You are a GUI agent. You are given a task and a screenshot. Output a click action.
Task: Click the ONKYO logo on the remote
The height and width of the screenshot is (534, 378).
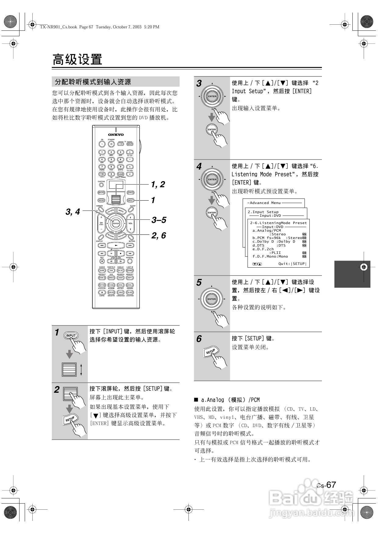[116, 135]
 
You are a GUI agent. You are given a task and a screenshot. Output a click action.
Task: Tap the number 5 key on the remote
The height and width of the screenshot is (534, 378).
[111, 160]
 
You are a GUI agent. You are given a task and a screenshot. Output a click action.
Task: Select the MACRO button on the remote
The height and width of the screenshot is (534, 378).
[101, 192]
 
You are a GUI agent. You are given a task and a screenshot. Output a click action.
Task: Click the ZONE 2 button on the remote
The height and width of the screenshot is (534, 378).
[130, 192]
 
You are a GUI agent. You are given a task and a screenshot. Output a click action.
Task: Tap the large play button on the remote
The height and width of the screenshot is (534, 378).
[116, 245]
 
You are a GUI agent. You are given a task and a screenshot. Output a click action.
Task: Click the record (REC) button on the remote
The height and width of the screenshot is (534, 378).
[102, 261]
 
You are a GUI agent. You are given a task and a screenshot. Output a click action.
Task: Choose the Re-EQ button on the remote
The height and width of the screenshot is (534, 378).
[130, 292]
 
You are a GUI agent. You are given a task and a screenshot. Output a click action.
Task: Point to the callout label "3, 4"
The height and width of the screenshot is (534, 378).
[73, 212]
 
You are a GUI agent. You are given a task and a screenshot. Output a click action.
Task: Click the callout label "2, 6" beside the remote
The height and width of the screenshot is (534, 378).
[159, 235]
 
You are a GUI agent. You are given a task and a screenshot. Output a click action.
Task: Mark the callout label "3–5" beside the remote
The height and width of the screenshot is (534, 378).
[159, 220]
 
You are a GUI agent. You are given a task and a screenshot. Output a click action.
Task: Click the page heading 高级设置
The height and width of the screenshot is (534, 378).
[77, 59]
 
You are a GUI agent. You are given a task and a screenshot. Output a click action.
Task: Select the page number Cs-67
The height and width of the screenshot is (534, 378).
[326, 485]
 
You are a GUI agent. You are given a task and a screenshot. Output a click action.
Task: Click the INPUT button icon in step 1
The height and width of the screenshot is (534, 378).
[71, 336]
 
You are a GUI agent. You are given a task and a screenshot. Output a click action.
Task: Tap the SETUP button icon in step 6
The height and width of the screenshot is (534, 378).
[211, 352]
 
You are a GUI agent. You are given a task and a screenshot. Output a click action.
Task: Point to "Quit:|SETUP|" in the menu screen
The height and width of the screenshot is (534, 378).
[292, 264]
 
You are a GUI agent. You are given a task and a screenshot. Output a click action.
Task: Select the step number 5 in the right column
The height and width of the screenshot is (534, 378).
[199, 283]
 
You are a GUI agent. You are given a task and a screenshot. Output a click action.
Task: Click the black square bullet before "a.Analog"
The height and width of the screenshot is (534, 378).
[196, 400]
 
